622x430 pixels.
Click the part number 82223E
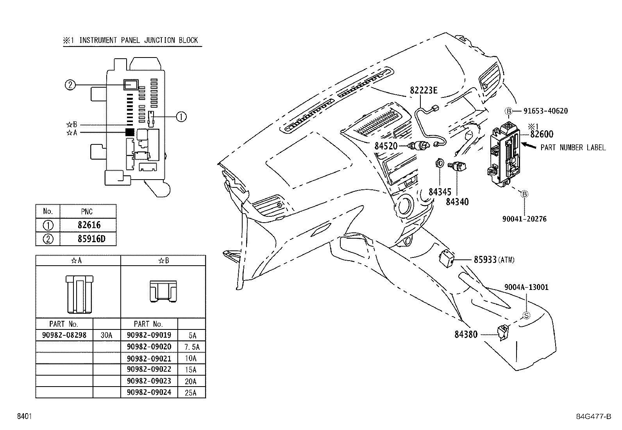pos(424,90)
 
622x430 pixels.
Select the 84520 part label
pos(386,146)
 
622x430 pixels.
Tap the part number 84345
pos(440,192)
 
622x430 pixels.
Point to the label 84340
pos(457,202)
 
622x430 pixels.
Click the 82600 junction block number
pos(542,134)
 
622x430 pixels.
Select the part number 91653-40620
pos(545,111)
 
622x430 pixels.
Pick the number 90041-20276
pos(524,219)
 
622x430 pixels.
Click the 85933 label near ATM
pos(485,260)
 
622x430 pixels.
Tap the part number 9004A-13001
pos(526,287)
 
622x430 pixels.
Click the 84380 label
pos(466,335)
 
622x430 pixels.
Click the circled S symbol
pos(526,316)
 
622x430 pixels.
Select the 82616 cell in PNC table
pos(89,225)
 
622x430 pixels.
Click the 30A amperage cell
pos(107,335)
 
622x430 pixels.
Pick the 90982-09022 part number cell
pos(149,370)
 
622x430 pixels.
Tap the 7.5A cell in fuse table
pos(191,347)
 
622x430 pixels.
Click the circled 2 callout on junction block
pos(70,85)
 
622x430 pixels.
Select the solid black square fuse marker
pos(130,132)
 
